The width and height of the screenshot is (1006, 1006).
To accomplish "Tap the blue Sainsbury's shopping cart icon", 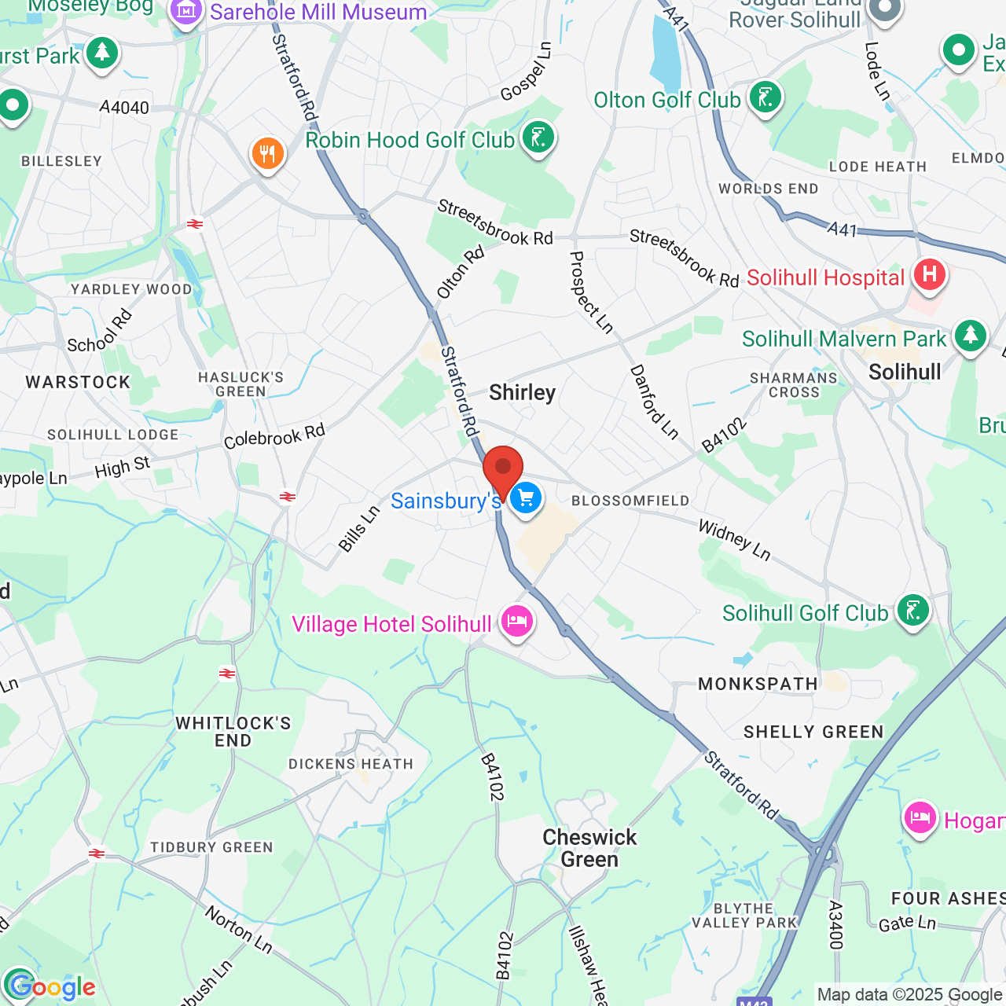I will tap(526, 497).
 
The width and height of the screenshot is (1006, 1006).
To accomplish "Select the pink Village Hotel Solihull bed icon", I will tap(516, 622).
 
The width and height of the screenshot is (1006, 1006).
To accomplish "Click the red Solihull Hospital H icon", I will tap(929, 275).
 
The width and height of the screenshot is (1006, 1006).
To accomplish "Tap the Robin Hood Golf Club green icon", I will tap(538, 138).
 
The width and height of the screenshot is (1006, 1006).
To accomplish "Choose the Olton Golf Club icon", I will tap(765, 98).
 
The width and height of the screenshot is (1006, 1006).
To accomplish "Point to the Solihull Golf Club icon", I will tap(912, 611).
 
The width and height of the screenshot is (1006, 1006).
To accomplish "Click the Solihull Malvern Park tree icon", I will tap(970, 336).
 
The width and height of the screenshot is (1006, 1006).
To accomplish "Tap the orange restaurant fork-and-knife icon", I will tap(267, 154).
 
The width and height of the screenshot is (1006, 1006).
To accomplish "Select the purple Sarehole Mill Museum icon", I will tap(186, 11).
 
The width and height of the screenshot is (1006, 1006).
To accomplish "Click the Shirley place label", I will tap(522, 392).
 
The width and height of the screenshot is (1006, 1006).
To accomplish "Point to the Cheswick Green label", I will tap(589, 848).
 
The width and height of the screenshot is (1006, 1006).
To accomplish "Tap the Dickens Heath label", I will tap(351, 764).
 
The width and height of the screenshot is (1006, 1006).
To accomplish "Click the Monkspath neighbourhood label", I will tap(758, 684).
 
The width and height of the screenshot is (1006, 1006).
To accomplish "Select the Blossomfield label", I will tap(630, 501).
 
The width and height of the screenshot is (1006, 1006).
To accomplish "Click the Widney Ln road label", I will tap(734, 539).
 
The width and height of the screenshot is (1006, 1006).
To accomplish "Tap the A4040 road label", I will tap(124, 108).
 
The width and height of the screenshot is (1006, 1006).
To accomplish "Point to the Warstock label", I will tap(78, 383).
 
